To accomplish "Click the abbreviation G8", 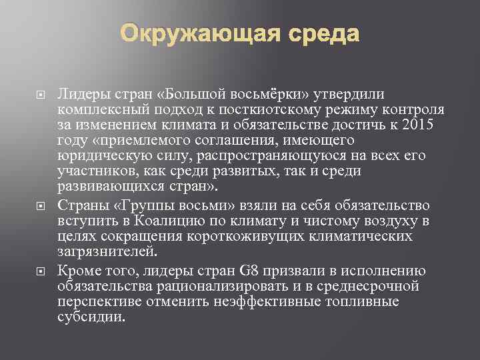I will click(x=244, y=271).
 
